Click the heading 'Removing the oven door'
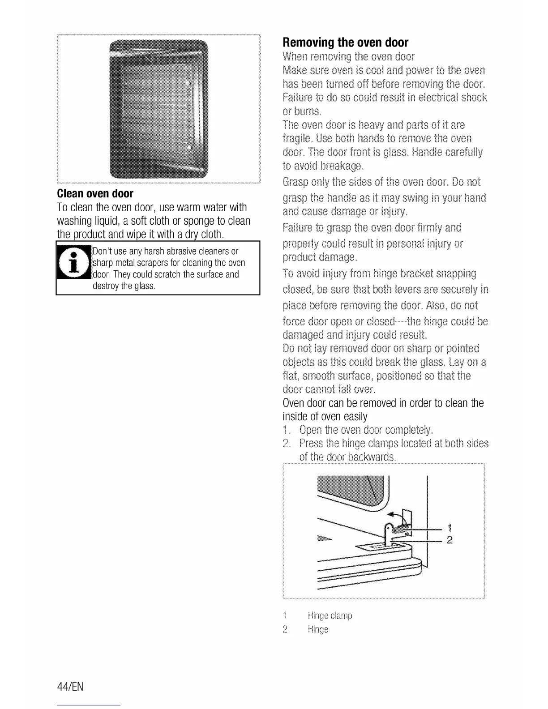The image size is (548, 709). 345,43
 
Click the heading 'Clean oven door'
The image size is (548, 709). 95,193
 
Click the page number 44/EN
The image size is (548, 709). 70,687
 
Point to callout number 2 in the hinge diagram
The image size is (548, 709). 450,540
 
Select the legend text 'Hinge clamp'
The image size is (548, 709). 330,616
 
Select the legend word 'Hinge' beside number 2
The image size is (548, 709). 318,630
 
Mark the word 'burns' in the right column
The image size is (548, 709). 308,111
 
